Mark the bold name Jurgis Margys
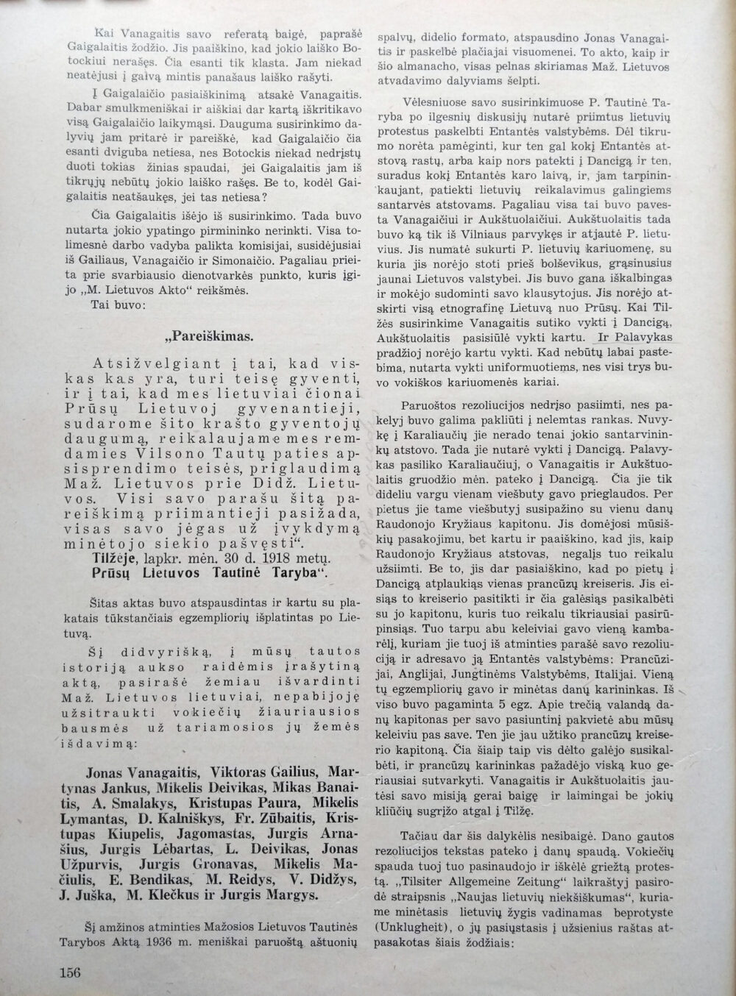point(281,895)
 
